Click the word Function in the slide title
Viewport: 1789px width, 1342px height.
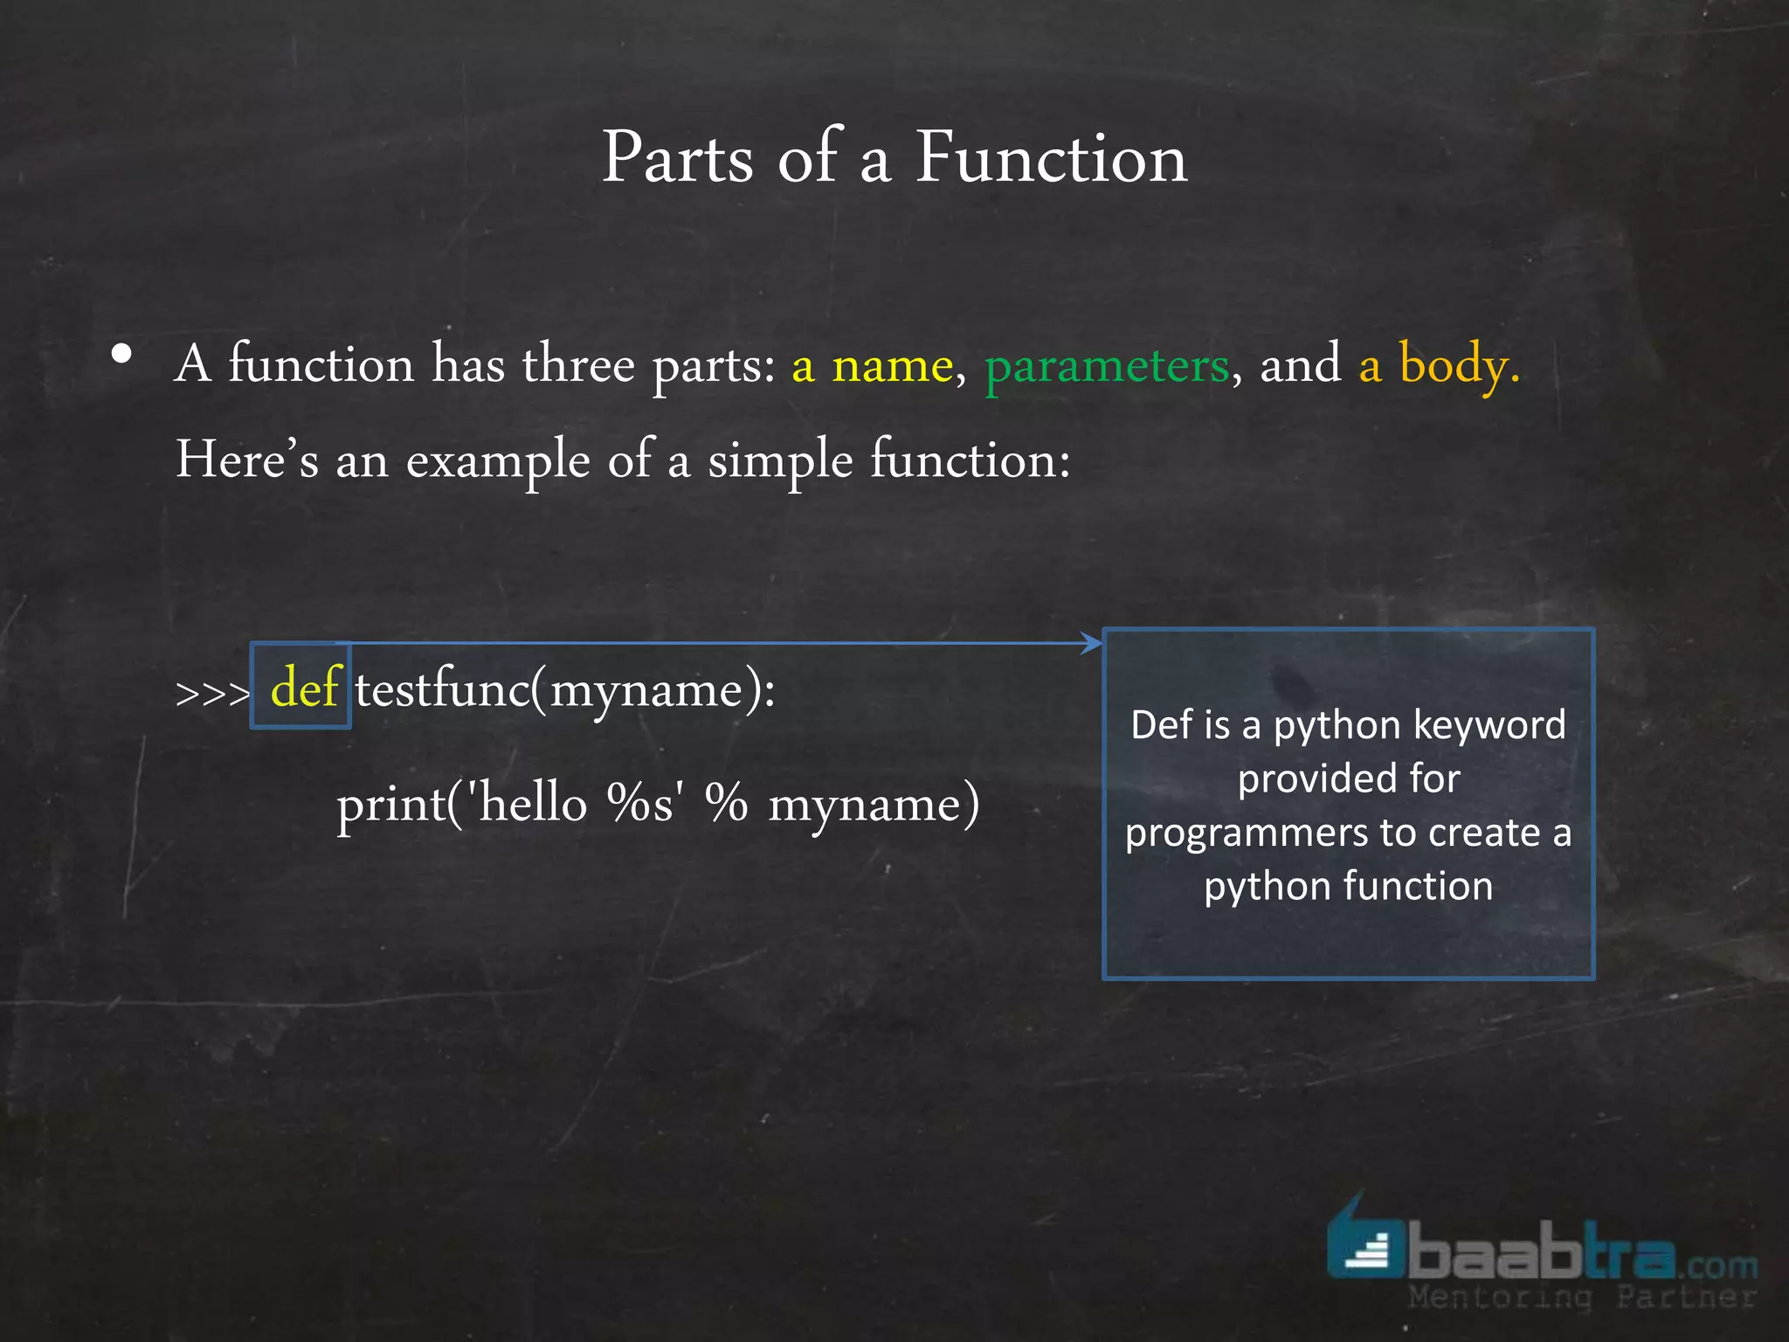pos(1051,158)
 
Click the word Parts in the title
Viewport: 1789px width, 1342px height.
pos(677,158)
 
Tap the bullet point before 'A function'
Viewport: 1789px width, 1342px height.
pos(122,355)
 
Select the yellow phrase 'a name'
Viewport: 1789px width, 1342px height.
pos(872,365)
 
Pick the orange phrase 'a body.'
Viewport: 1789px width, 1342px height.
pos(1439,365)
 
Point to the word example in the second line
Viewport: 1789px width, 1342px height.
pos(498,461)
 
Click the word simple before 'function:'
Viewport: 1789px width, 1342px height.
pos(779,461)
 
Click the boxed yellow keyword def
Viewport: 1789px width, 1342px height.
pos(303,688)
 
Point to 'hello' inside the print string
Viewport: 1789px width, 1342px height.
pos(533,804)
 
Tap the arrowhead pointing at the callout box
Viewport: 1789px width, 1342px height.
pos(1092,644)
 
